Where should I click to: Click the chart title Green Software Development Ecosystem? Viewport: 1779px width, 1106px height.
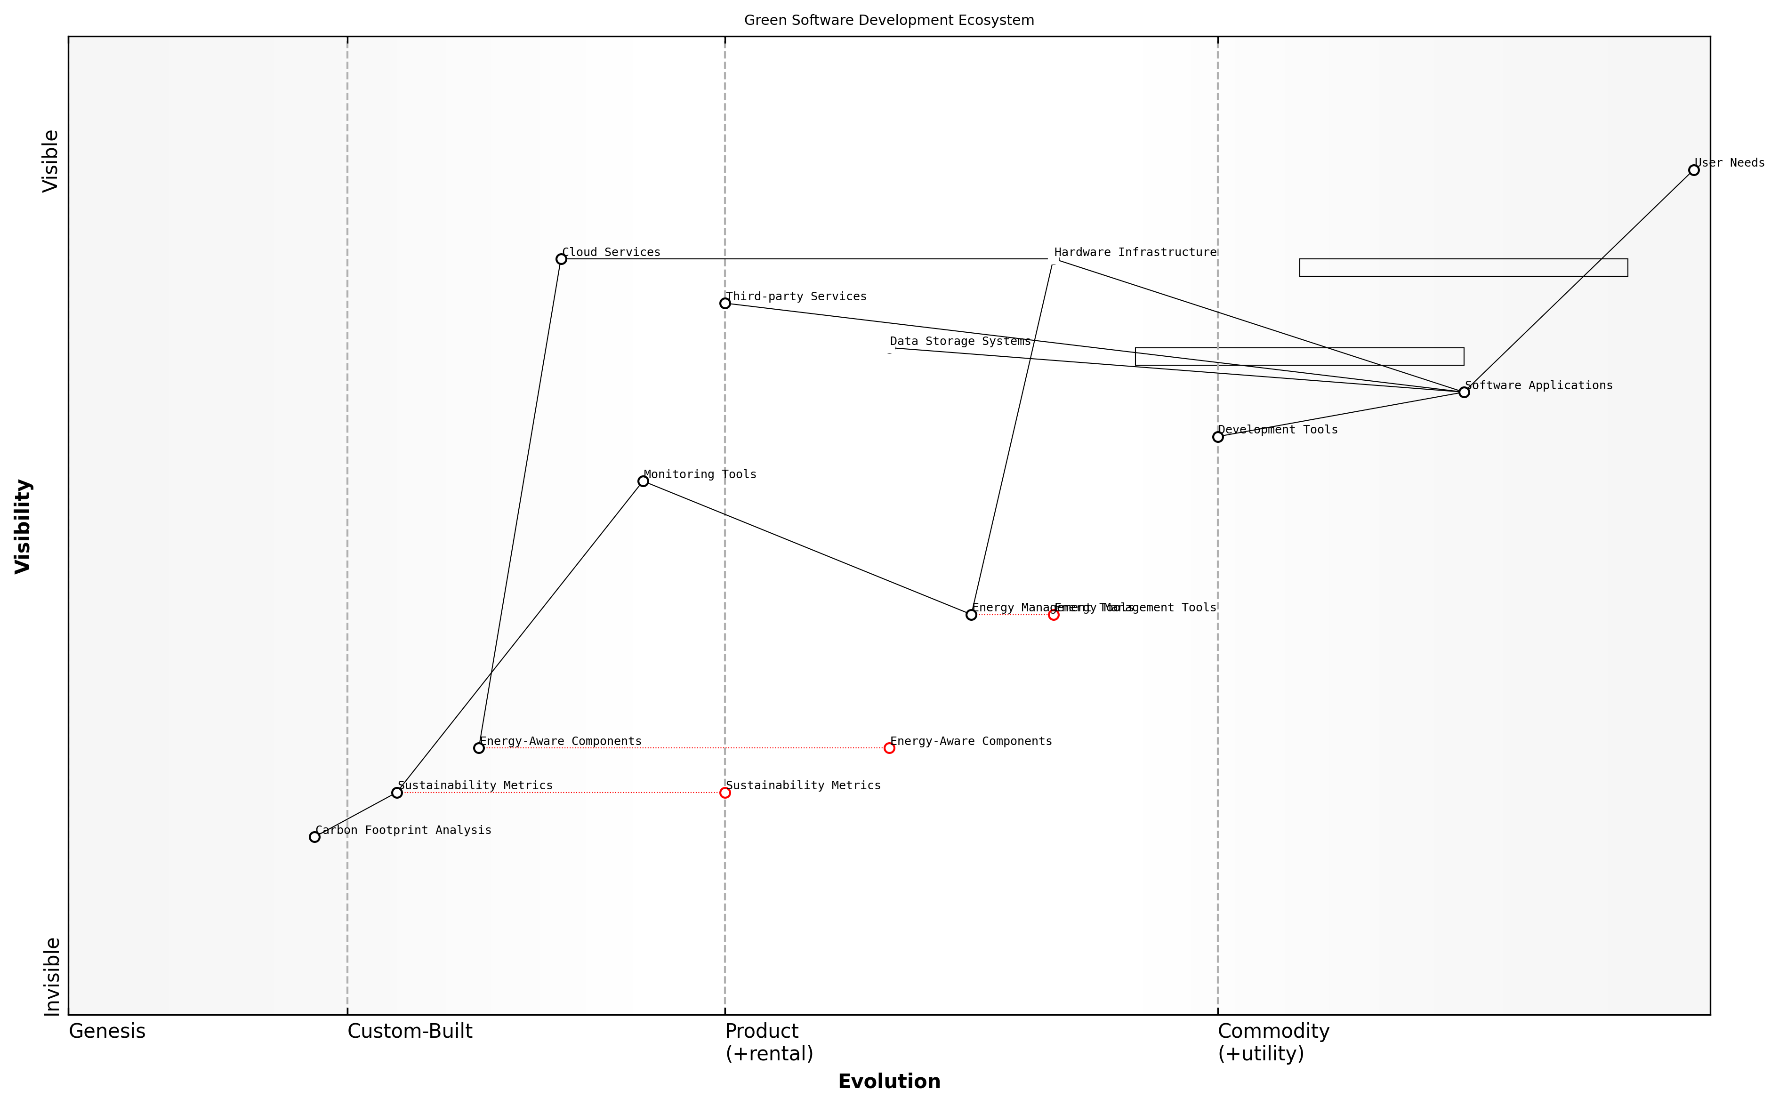(889, 21)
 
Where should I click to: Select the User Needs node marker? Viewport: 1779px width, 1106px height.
(1693, 170)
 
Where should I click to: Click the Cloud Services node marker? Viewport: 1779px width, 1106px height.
(561, 259)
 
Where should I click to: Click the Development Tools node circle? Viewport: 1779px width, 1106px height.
(1218, 437)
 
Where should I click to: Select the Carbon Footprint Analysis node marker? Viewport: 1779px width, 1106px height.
(314, 837)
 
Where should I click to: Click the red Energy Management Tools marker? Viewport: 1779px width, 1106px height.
(1054, 615)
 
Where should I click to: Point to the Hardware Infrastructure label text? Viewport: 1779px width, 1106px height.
(1135, 252)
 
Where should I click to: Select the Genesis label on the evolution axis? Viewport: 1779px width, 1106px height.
(107, 1031)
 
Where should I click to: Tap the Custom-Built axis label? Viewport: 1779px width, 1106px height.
(410, 1031)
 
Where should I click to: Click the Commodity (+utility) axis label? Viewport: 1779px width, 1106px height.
(1273, 1042)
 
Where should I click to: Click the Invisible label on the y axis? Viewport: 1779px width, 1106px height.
(51, 977)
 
